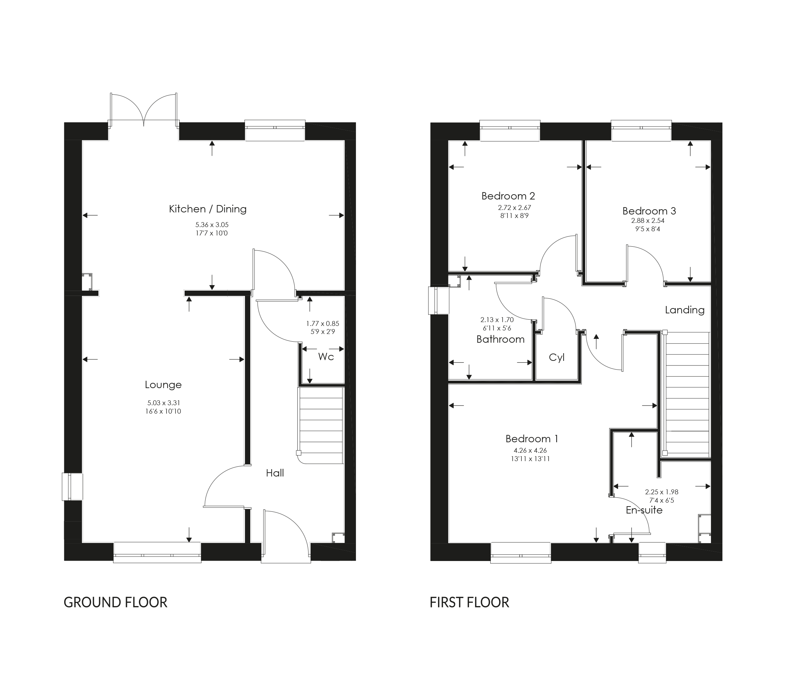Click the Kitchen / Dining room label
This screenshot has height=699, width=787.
click(208, 209)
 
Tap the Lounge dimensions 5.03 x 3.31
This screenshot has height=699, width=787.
click(164, 403)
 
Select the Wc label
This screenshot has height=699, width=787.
click(326, 357)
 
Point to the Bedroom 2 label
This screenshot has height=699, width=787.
click(508, 196)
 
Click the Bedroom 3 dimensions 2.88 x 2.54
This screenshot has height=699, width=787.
click(648, 221)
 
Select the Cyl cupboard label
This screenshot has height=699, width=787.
click(556, 358)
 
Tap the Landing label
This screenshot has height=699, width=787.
click(685, 310)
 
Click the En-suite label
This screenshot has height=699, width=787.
click(644, 510)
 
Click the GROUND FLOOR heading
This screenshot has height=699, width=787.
click(116, 602)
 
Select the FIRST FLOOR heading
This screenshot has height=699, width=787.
click(469, 602)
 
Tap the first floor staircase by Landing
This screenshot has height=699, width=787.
click(687, 393)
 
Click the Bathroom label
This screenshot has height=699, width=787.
click(500, 340)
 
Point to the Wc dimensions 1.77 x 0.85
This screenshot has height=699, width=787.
click(323, 324)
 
